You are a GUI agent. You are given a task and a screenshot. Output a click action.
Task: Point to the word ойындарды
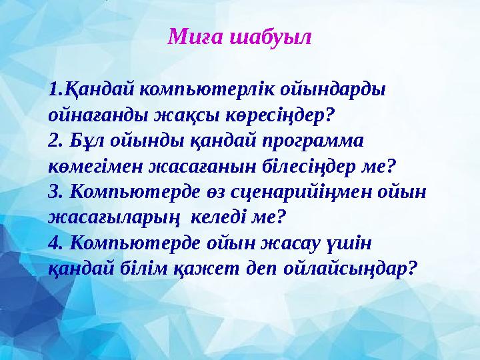(338, 89)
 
